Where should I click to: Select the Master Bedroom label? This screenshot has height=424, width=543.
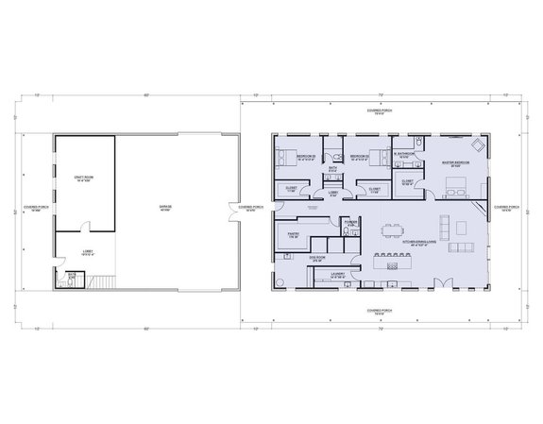[457, 163]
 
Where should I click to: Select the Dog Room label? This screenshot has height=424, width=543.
[318, 256]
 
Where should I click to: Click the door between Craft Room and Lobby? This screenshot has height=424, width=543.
[85, 228]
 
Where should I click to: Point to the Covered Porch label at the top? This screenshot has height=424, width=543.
[382, 111]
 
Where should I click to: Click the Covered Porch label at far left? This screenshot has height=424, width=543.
[30, 210]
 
